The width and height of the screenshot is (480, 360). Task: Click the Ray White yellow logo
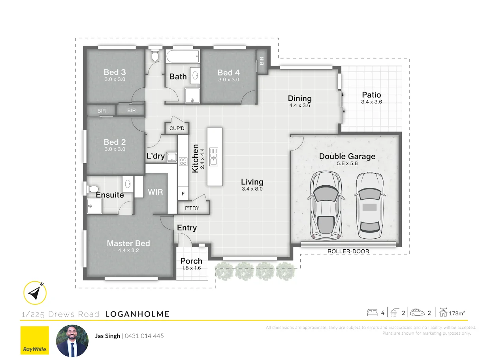point(34,340)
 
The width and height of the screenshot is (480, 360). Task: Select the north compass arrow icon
point(35,293)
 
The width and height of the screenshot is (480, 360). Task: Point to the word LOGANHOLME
point(137,314)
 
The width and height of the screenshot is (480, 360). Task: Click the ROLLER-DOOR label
point(348,251)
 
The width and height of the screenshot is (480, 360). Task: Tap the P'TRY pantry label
point(192,208)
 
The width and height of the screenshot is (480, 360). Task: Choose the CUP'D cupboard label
point(177,128)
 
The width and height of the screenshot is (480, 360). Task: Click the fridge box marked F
point(183,194)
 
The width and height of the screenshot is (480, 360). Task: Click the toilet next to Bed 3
point(154,56)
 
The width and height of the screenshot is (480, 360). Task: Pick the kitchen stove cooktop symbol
point(183,161)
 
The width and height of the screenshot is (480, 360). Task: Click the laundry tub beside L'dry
point(171,157)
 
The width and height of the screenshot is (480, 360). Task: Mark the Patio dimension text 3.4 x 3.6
point(371,102)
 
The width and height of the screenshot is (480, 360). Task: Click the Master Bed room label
point(128,243)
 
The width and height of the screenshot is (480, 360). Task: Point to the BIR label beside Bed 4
point(262,60)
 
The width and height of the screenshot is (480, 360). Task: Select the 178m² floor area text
point(457,313)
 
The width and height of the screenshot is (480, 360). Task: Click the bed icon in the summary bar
point(372,313)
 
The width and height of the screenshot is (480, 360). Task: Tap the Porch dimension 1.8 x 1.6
point(191,268)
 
